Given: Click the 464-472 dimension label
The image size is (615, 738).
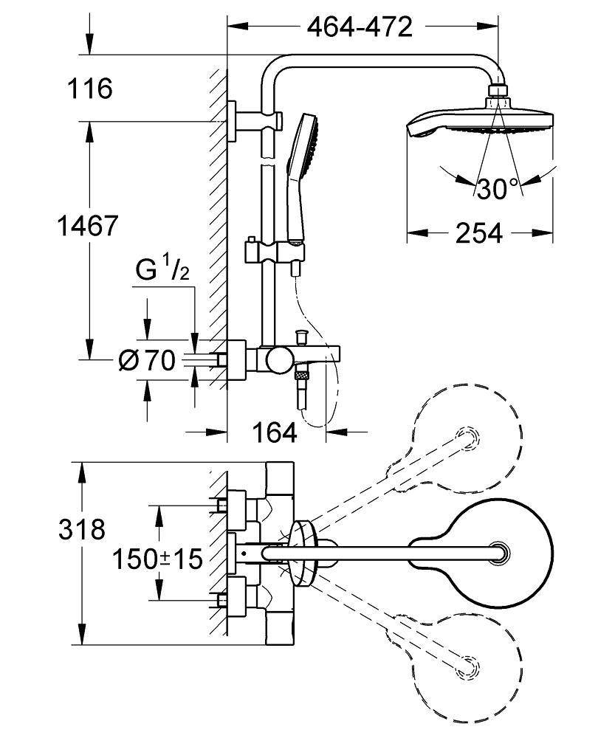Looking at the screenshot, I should click(359, 28).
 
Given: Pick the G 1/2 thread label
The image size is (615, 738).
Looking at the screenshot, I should click(162, 272).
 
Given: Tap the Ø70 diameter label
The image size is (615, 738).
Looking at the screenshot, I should click(147, 361).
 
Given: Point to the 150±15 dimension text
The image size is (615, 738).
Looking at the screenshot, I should click(157, 559).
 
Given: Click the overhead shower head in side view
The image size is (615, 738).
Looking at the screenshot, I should click(480, 122).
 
